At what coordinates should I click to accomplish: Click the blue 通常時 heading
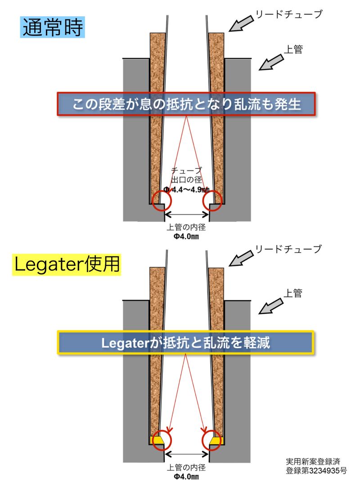coord(52,27)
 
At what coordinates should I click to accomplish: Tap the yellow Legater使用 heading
coord(67,264)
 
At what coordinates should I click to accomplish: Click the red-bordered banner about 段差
coord(186,104)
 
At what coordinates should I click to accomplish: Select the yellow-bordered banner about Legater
coord(186,342)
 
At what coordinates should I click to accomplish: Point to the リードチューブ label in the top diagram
coord(288,14)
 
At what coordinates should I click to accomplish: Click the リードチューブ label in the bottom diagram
coord(288,249)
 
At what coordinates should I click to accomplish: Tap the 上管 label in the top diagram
coord(293,49)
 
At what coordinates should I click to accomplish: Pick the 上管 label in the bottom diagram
coord(293,293)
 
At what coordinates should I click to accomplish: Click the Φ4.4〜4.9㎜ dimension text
coord(186,189)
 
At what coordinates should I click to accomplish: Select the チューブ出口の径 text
coord(186,175)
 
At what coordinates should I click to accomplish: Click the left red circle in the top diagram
coord(162,201)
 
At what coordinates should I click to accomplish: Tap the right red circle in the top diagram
coord(212,201)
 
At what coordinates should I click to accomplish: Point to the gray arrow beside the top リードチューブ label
coord(242,23)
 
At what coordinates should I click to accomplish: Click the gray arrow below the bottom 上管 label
coord(271,306)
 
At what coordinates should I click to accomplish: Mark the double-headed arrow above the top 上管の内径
coord(187,215)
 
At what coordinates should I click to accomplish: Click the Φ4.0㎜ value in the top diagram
coord(186,236)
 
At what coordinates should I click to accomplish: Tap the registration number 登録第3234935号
coord(316,471)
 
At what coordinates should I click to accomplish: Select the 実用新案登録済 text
coord(313,462)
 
